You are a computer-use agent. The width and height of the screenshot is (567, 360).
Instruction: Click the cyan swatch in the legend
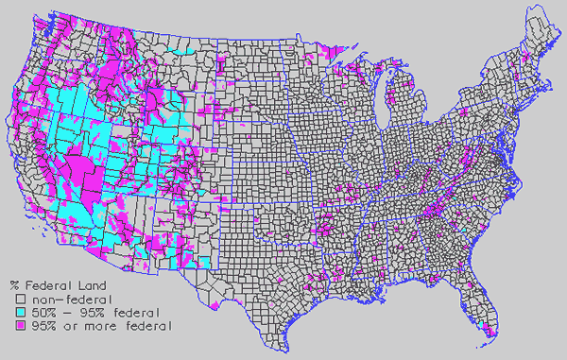(x=18, y=312)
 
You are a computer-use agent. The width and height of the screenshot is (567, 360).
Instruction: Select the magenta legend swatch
(x=18, y=326)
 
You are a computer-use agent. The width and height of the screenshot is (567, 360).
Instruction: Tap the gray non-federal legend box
(x=18, y=298)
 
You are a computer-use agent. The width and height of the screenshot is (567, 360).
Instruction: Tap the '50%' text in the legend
(x=40, y=312)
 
